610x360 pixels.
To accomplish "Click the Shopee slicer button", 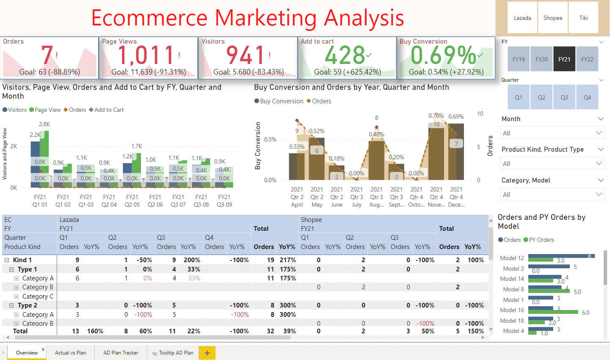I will (553, 18).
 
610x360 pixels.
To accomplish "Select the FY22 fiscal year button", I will (587, 59).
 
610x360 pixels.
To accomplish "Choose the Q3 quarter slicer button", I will (564, 97).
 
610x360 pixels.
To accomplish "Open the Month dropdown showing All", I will (552, 133).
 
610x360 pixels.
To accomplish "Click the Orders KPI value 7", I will (47, 55).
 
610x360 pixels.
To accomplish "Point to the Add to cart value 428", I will (345, 55).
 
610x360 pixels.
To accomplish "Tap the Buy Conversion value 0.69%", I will (443, 55).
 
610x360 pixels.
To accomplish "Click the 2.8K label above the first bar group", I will (44, 124).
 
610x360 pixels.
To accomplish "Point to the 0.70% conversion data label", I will (436, 116).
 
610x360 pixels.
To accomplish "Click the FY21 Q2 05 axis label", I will (132, 201).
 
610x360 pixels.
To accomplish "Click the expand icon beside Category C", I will (16, 296).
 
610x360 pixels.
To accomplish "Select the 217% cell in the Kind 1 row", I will (288, 260).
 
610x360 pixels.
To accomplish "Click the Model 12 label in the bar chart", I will (512, 258).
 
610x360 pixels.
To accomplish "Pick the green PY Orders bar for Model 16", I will (553, 312).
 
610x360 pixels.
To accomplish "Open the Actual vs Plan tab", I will (70, 353).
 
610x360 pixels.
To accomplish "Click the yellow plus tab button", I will (207, 353).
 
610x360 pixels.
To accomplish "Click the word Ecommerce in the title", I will (149, 18).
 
